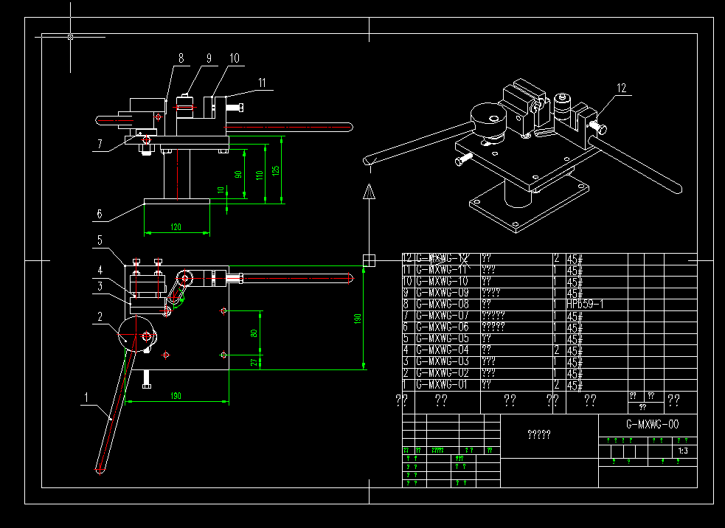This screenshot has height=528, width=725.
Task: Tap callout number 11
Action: coord(262,83)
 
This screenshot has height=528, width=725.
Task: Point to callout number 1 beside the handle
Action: coord(86,397)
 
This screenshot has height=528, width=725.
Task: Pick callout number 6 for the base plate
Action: coord(99,215)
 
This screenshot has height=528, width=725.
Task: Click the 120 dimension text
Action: coord(176,227)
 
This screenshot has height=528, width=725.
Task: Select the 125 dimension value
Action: coord(276,170)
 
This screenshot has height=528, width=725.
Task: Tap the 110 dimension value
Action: coord(259,175)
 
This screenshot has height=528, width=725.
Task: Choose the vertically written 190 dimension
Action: coord(358,319)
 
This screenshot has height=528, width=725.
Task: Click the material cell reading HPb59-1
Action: coord(585,305)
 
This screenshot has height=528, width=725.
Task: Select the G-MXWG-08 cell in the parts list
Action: coord(443,305)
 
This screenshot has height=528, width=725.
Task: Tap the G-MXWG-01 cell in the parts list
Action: coord(443,385)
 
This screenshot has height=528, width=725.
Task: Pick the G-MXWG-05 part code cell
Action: coord(443,338)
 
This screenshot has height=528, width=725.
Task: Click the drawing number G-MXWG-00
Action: coord(652,425)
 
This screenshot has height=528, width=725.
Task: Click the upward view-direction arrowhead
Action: coord(370,192)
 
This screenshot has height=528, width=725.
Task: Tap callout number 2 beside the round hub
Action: coord(98,316)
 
